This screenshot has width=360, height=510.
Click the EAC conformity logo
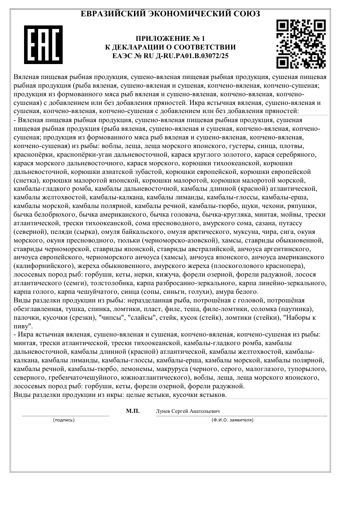pyautogui.click(x=43, y=45)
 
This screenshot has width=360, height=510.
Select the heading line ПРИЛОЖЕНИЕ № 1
pyautogui.click(x=170, y=39)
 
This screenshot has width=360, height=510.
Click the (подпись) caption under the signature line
pyautogui.click(x=64, y=420)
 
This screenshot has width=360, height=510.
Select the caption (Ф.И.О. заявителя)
pyautogui.click(x=232, y=420)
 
